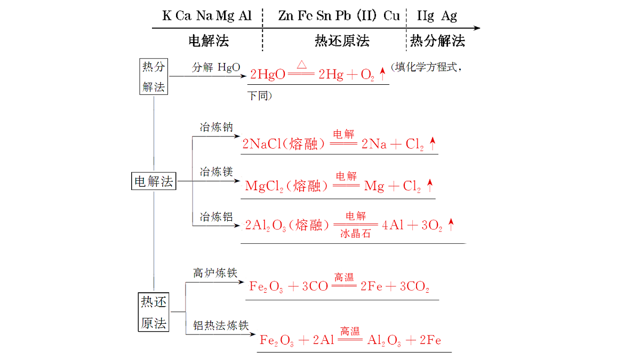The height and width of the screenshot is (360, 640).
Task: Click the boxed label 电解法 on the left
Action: (x=154, y=181)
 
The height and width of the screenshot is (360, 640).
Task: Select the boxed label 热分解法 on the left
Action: (x=154, y=77)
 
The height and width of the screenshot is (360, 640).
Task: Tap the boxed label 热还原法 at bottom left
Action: (x=154, y=312)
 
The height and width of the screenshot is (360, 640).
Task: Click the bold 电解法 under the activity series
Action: (x=209, y=41)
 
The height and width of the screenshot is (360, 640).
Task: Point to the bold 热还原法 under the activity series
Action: (x=342, y=41)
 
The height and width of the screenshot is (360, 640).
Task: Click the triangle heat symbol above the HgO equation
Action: (x=302, y=65)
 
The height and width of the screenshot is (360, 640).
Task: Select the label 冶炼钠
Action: (x=217, y=127)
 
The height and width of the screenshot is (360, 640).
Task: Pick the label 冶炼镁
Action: (x=217, y=172)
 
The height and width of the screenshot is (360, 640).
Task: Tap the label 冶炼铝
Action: (x=217, y=217)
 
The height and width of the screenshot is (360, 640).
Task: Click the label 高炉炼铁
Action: (x=215, y=273)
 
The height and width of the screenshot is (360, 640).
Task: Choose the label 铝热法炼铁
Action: (x=221, y=325)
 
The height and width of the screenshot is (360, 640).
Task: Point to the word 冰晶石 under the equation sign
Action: (x=355, y=234)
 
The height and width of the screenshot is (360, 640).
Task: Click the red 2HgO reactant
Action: (x=267, y=74)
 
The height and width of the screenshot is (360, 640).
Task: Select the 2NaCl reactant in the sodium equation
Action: (x=262, y=143)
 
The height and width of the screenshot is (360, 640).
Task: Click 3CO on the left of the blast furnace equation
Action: (x=315, y=286)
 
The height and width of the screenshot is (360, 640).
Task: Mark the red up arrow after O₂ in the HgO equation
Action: (x=382, y=74)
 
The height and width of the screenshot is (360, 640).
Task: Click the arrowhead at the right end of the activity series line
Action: (x=477, y=28)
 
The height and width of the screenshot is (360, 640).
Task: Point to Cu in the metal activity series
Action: (x=391, y=15)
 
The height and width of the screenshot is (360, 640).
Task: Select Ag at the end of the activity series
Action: (x=449, y=16)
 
